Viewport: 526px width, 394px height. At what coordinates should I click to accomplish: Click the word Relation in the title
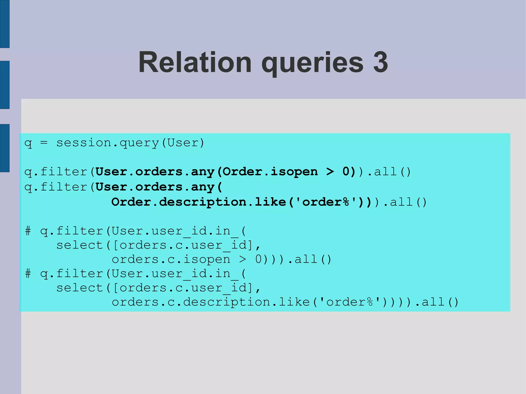point(195,62)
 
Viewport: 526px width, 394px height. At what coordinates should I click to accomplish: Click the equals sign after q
point(44,143)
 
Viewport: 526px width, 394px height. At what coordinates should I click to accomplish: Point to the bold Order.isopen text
point(270,172)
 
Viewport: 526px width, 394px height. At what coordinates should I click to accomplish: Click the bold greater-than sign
point(330,172)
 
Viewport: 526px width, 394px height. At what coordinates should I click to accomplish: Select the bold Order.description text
point(179,202)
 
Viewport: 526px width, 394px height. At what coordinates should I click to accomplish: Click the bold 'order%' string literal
point(326,202)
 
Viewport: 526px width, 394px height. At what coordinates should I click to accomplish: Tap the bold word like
point(270,202)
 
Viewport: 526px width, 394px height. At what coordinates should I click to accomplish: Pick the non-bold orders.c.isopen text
point(171,260)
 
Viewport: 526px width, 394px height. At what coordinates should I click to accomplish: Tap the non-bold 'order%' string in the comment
point(350,302)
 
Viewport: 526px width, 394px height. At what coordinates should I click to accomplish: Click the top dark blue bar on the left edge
point(5,24)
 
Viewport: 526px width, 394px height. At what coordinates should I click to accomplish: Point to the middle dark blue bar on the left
point(5,85)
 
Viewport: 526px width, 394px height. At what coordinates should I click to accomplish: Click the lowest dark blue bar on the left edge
point(5,148)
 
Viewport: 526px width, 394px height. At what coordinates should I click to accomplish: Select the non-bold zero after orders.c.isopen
point(258,260)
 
